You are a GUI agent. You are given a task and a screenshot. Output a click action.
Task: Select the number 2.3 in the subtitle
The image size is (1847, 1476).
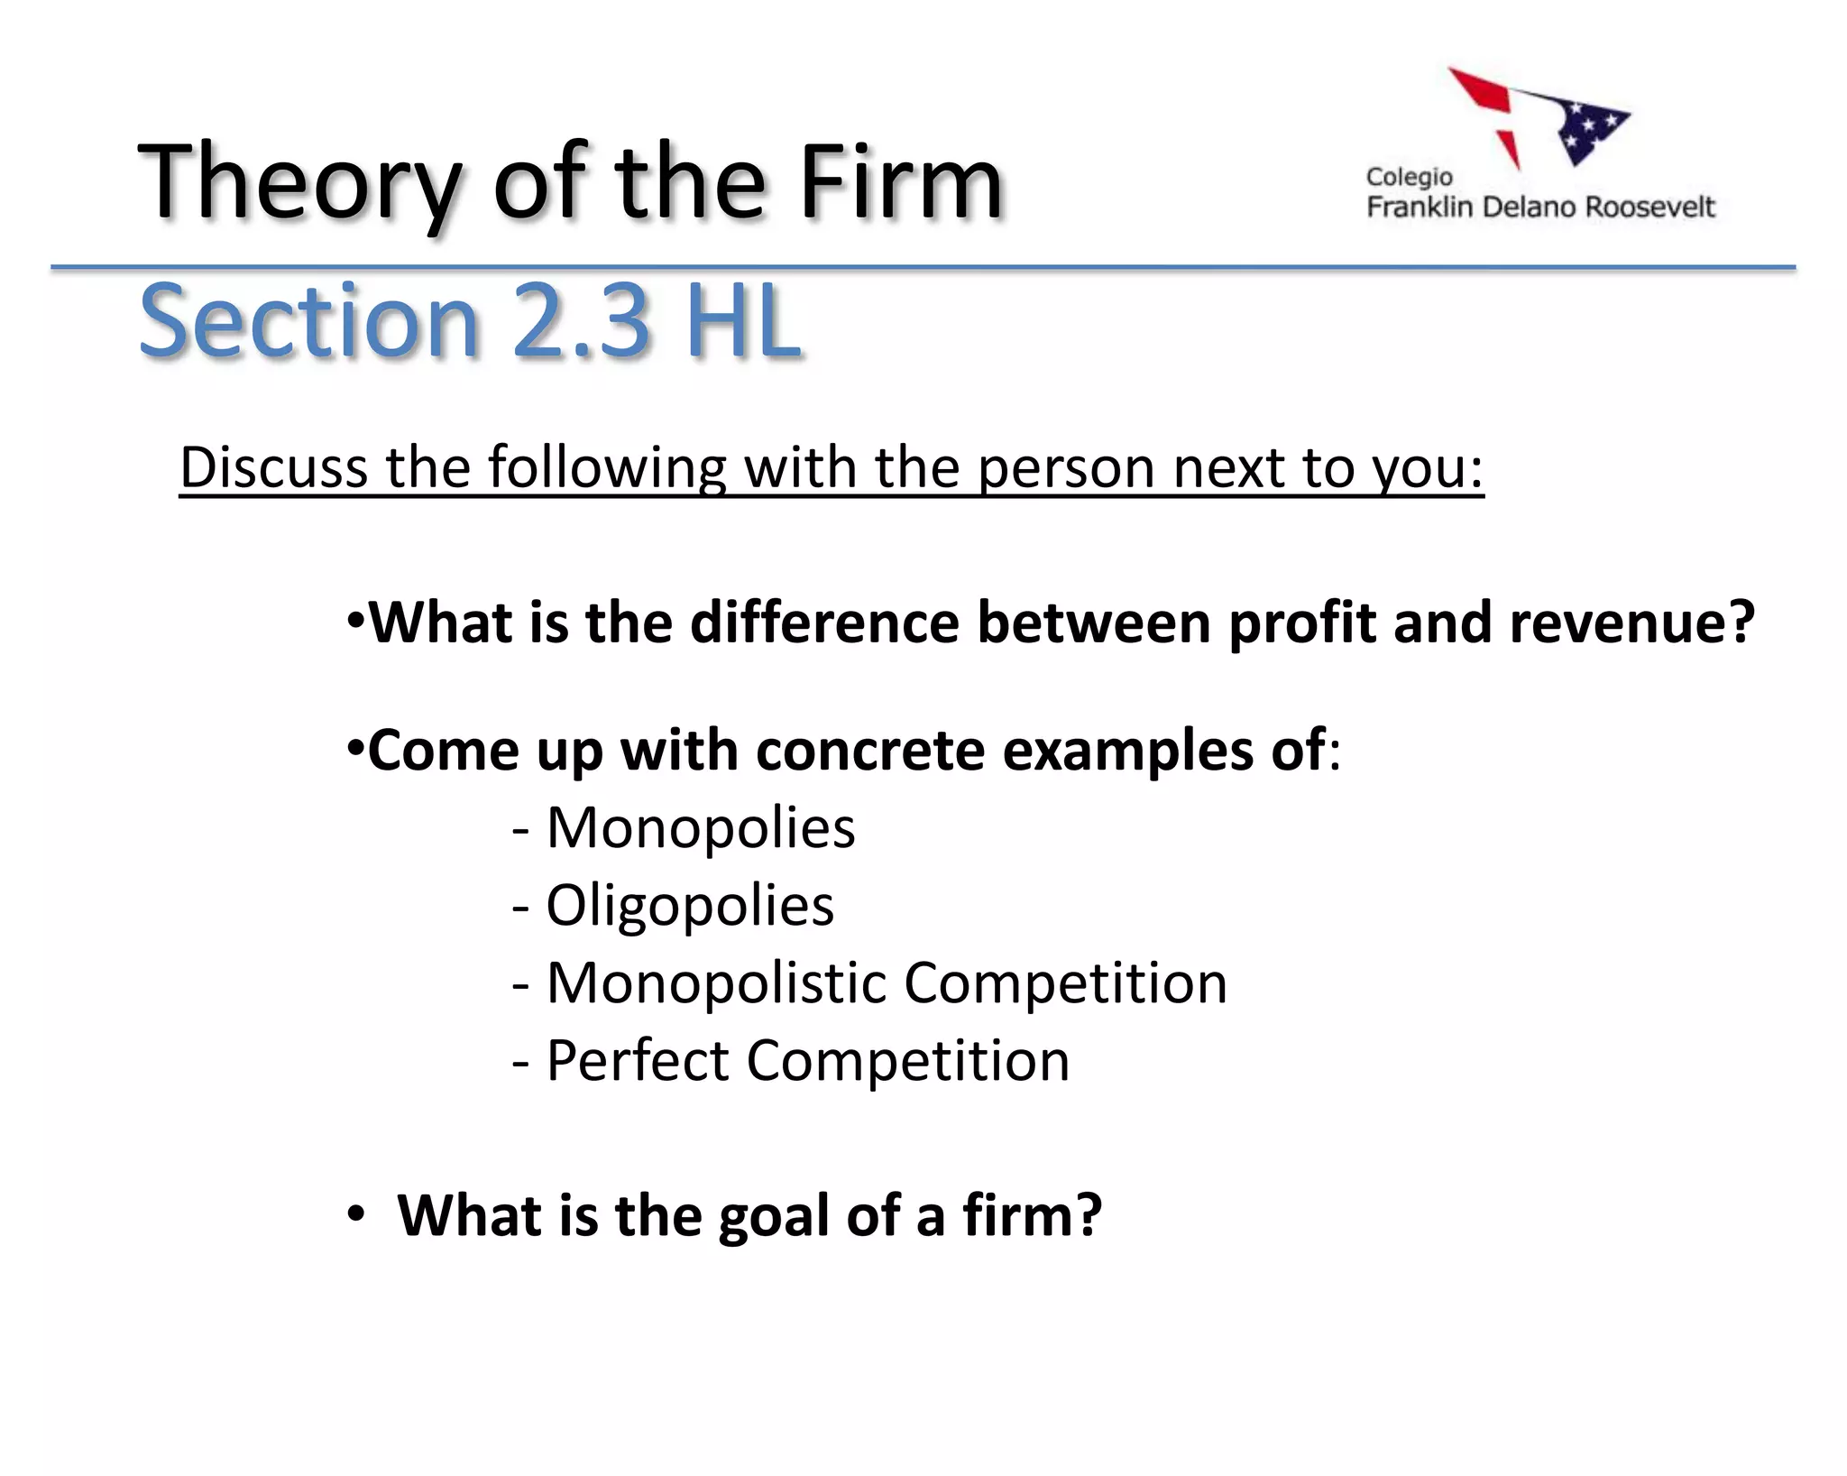click(x=582, y=321)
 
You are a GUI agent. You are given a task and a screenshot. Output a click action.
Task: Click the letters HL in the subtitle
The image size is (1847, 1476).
click(x=743, y=321)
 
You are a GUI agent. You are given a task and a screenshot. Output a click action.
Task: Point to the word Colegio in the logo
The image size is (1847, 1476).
click(x=1409, y=177)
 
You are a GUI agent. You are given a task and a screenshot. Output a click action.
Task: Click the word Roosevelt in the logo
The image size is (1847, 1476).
click(x=1649, y=208)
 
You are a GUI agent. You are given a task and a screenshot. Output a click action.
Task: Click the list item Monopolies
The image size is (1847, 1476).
click(x=700, y=827)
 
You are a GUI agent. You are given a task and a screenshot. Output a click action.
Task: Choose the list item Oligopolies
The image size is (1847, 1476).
click(x=690, y=905)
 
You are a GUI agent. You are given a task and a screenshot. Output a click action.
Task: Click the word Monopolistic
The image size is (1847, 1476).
click(x=716, y=982)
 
